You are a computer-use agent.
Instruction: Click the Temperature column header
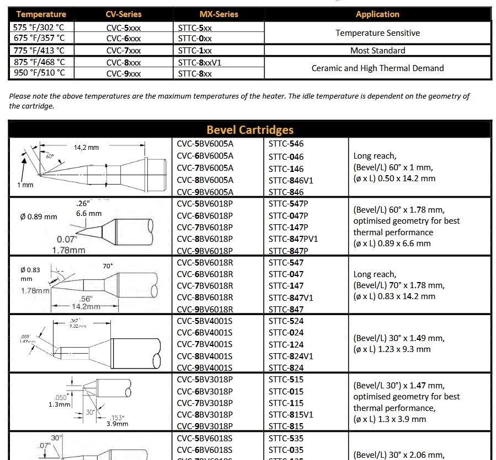point(41,15)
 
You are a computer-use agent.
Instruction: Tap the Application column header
point(377,15)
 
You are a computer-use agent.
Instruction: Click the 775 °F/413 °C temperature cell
point(40,51)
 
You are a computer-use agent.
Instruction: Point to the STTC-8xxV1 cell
point(199,63)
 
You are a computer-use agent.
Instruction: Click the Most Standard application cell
point(377,51)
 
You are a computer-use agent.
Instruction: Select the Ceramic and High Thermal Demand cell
point(377,68)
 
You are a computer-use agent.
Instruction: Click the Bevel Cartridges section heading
point(250,130)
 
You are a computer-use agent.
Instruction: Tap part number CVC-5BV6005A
point(205,144)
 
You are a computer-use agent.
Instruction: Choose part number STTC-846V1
point(291,180)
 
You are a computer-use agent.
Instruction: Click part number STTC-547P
point(289,203)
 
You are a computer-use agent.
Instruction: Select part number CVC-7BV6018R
point(205,286)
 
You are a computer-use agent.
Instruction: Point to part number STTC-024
point(286,333)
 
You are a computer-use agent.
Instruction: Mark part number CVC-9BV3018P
point(205,426)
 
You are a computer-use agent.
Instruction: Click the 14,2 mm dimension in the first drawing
point(86,148)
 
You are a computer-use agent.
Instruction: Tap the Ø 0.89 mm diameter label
point(39,217)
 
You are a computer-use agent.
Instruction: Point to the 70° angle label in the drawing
point(108,266)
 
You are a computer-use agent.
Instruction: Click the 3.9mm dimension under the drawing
point(117,424)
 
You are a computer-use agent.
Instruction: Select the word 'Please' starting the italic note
point(20,96)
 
